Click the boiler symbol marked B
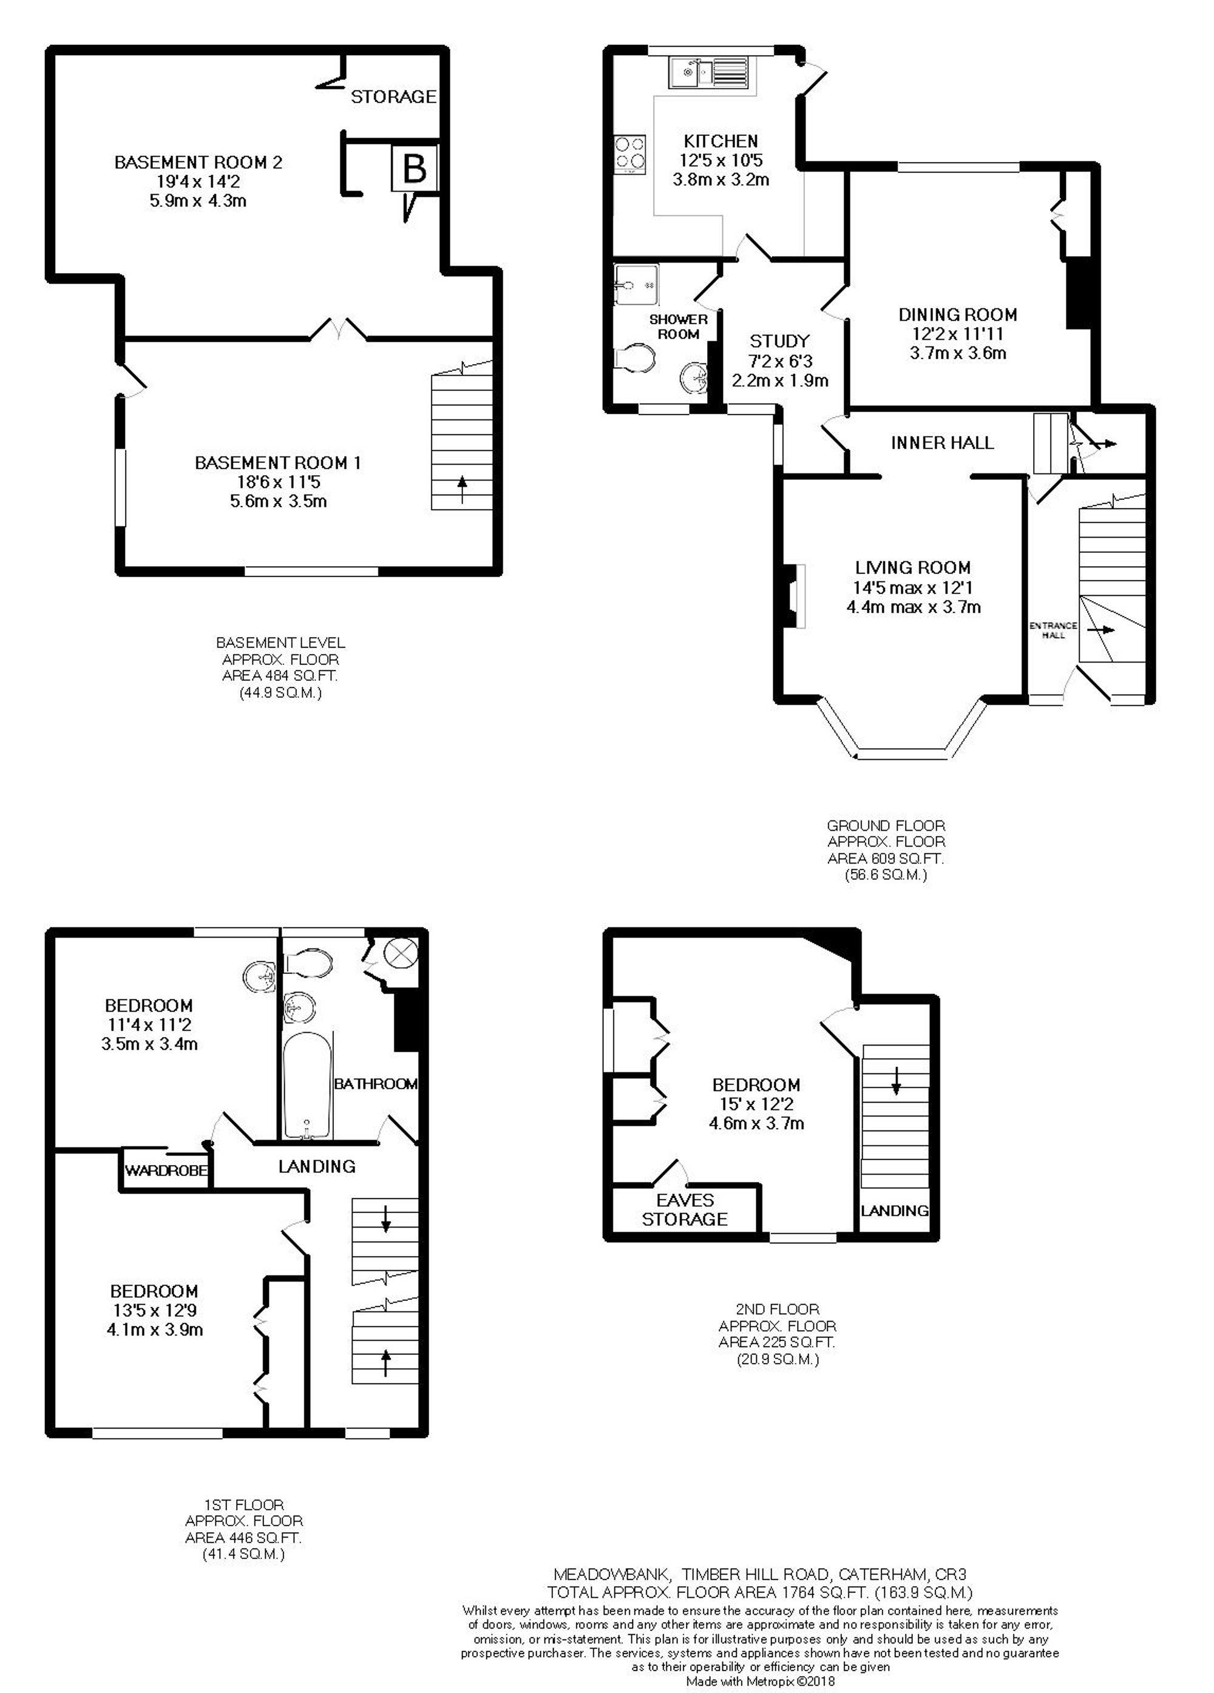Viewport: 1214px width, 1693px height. pyautogui.click(x=413, y=169)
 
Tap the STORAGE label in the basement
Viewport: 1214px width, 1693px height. pyautogui.click(x=393, y=96)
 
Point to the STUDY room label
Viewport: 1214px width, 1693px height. pyautogui.click(x=779, y=341)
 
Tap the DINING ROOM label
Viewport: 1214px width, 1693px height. pyautogui.click(x=957, y=314)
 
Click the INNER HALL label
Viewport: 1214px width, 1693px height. pyautogui.click(x=942, y=442)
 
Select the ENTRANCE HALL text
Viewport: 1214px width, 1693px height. pyautogui.click(x=1053, y=629)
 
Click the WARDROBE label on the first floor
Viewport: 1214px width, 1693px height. pyautogui.click(x=166, y=1170)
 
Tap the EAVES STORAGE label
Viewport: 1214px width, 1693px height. pyautogui.click(x=685, y=1209)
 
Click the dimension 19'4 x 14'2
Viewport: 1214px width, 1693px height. pyautogui.click(x=198, y=181)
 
